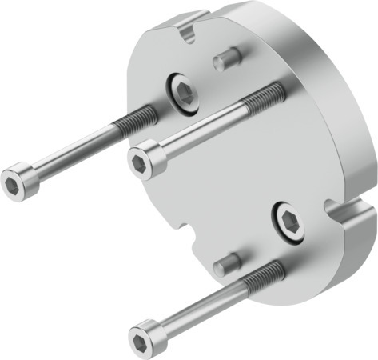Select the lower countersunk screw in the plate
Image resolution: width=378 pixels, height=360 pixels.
tap(288, 220)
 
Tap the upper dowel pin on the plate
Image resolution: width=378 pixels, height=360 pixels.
tap(227, 58)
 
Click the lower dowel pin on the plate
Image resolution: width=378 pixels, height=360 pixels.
tap(227, 262)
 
